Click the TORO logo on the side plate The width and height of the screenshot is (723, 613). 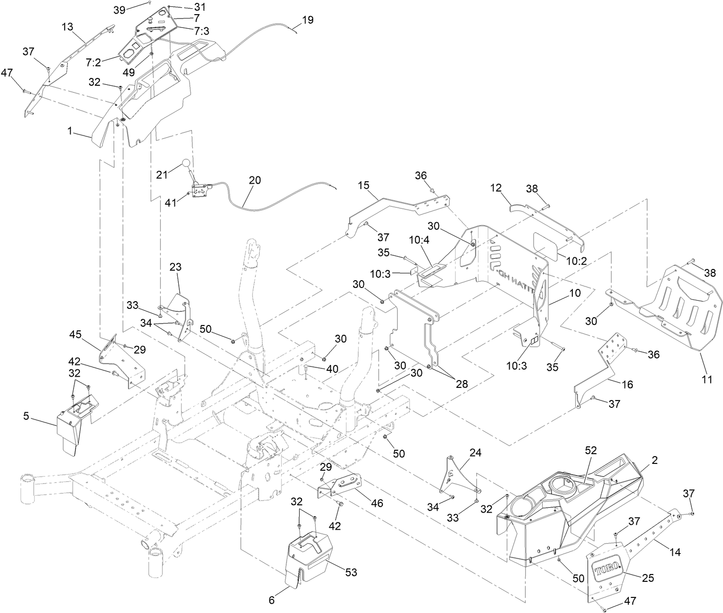[607, 567]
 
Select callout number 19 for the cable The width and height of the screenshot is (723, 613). [308, 20]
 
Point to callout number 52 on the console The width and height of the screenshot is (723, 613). [590, 452]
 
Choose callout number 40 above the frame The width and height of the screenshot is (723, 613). [332, 369]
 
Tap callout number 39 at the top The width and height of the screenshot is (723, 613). [119, 9]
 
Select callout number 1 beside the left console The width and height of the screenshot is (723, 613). [70, 131]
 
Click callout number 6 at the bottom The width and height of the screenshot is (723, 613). [271, 600]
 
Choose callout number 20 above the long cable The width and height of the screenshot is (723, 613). [255, 180]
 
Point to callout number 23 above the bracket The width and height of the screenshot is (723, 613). [175, 267]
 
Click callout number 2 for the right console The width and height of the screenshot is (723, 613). [655, 460]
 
